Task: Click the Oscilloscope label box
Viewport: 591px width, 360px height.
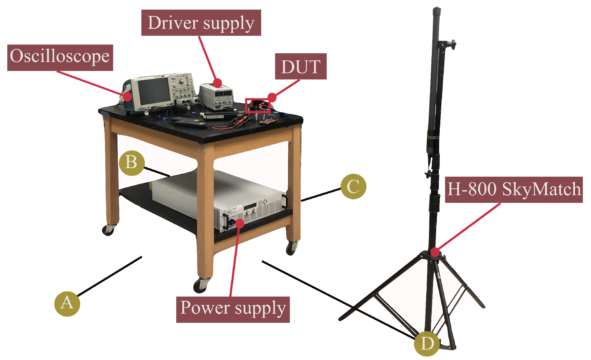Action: pyautogui.click(x=60, y=58)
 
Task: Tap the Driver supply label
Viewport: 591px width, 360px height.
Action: pyautogui.click(x=201, y=23)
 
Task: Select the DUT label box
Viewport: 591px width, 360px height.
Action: pyautogui.click(x=301, y=66)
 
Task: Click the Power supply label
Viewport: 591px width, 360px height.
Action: pyautogui.click(x=233, y=310)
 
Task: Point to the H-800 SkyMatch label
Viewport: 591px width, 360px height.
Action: pyautogui.click(x=514, y=190)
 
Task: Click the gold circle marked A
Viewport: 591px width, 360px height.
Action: pyautogui.click(x=67, y=304)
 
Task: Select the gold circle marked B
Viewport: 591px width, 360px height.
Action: pyautogui.click(x=132, y=163)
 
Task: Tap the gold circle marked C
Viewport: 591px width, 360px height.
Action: pyautogui.click(x=353, y=187)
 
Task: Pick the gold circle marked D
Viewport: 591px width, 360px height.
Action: pyautogui.click(x=427, y=344)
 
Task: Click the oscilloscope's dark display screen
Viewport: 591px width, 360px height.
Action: pyautogui.click(x=154, y=92)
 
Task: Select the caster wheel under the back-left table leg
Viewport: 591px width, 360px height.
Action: pyautogui.click(x=108, y=230)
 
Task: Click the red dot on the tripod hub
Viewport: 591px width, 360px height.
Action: pyautogui.click(x=435, y=252)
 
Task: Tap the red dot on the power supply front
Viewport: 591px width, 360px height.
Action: pyautogui.click(x=240, y=223)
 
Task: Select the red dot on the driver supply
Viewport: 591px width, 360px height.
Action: pyautogui.click(x=217, y=83)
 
